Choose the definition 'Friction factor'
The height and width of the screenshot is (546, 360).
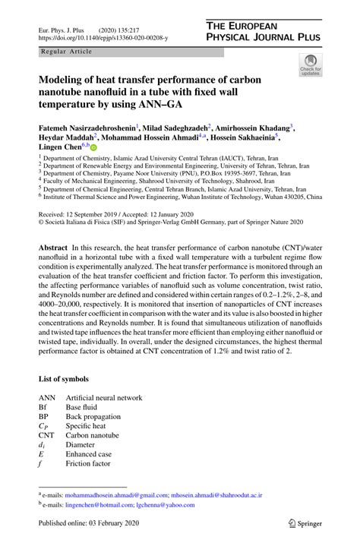click(88, 463)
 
